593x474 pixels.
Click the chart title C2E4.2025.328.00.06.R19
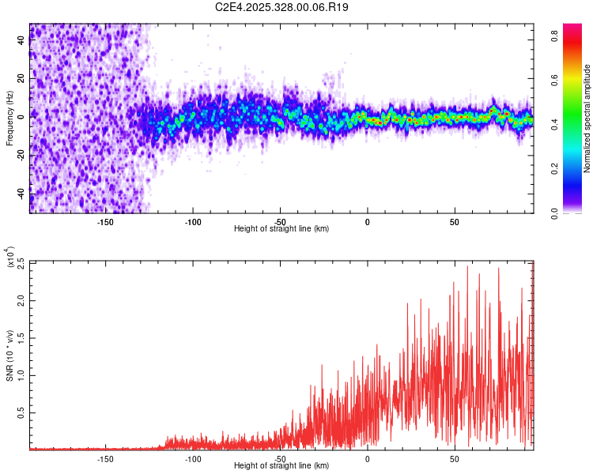click(x=282, y=7)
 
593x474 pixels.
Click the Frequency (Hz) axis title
click(x=9, y=118)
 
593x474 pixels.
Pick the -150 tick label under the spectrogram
click(x=104, y=222)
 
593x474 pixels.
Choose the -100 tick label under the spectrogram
click(x=192, y=222)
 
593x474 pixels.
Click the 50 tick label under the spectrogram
click(x=455, y=222)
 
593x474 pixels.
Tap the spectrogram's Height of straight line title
click(x=282, y=229)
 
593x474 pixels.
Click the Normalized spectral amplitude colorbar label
click(x=587, y=118)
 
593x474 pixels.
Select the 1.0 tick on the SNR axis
click(x=20, y=375)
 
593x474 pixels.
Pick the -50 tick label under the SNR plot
click(x=280, y=458)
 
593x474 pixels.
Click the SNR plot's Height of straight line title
click(x=282, y=466)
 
